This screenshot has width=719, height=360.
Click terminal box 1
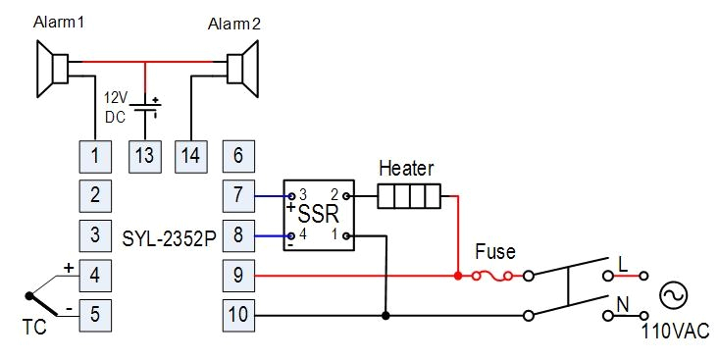(x=95, y=155)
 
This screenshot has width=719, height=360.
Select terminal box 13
(x=145, y=155)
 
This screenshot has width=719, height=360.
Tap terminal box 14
(x=189, y=155)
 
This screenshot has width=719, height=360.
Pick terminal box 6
(x=239, y=155)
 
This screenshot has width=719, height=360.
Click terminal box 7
(x=239, y=195)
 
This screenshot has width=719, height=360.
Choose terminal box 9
(x=239, y=276)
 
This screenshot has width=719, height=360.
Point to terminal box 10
(x=239, y=316)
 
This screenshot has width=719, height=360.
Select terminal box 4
(x=95, y=276)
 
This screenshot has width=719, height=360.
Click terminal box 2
(x=95, y=195)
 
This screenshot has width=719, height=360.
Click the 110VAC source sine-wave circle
(x=674, y=295)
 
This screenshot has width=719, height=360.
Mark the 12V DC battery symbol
(x=147, y=107)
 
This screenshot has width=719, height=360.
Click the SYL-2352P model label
(x=169, y=237)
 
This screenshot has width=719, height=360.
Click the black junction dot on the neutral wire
(x=385, y=316)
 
